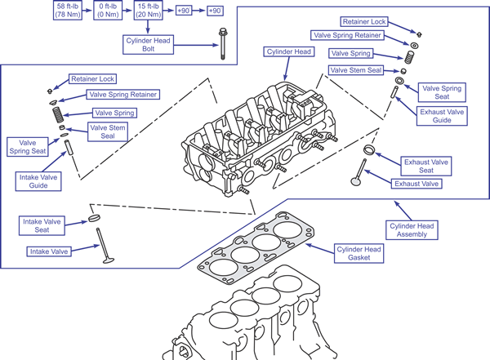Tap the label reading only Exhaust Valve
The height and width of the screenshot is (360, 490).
[x=417, y=184]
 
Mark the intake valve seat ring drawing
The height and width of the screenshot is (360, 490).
[x=94, y=219]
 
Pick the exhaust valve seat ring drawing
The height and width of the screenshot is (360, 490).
[x=369, y=150]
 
